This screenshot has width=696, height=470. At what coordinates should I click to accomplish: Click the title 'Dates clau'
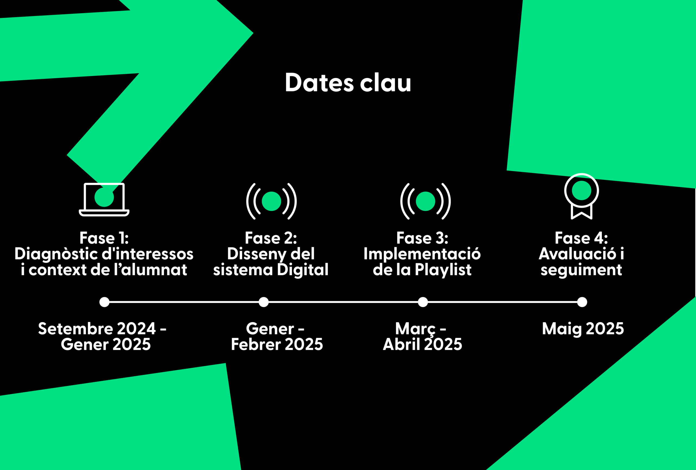point(348,82)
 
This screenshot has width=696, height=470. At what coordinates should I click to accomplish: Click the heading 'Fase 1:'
point(104,238)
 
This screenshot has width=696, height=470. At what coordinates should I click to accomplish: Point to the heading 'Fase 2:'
point(271,238)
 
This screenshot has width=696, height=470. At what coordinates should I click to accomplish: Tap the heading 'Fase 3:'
point(422,238)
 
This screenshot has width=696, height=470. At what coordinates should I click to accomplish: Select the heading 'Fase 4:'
point(581,238)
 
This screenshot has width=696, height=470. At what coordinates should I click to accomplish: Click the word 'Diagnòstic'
point(56,254)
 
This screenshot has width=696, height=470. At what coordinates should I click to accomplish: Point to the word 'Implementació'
point(422,254)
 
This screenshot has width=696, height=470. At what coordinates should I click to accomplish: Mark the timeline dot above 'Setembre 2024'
point(104,302)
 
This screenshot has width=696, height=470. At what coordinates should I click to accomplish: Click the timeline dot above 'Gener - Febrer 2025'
point(263,302)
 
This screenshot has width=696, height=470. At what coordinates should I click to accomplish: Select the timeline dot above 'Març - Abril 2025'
point(423,302)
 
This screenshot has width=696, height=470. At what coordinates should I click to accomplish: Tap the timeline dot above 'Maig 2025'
point(582,302)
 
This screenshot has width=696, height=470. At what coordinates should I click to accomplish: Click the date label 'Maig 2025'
point(583,329)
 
